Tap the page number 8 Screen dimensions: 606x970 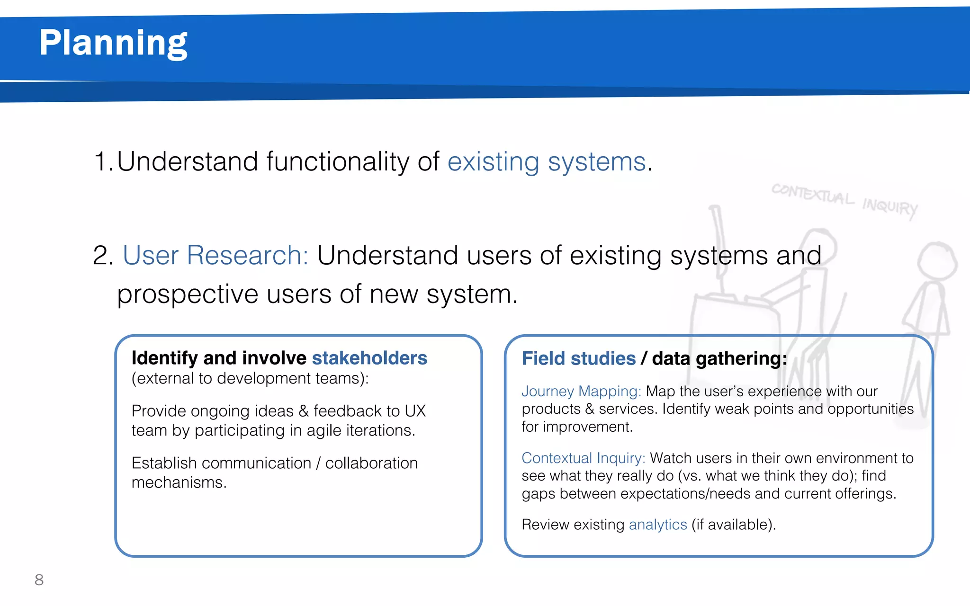click(x=39, y=579)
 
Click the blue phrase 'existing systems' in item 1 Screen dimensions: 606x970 click(x=547, y=162)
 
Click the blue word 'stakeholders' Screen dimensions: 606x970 click(x=369, y=358)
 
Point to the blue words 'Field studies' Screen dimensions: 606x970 click(x=578, y=358)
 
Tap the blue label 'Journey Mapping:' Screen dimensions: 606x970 click(x=581, y=391)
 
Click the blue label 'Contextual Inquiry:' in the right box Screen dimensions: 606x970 click(x=583, y=458)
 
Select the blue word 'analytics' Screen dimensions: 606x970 click(x=657, y=525)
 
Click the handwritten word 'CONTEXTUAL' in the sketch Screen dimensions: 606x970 click(x=813, y=194)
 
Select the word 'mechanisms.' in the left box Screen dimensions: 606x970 click(x=179, y=482)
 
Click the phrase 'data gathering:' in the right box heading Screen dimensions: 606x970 click(x=719, y=358)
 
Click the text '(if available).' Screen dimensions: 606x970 click(x=733, y=525)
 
